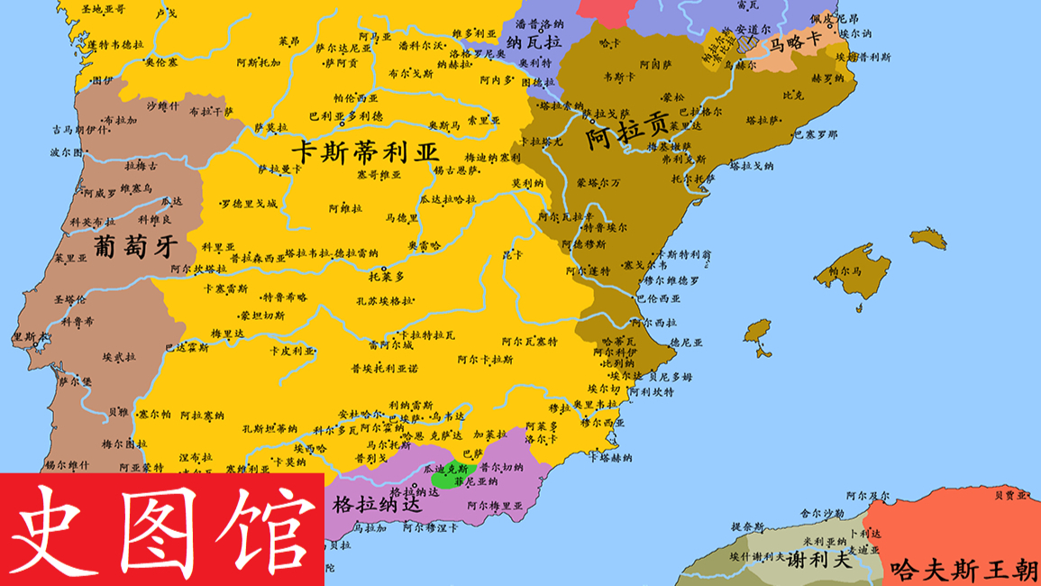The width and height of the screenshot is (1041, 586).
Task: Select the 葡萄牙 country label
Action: tap(132, 246)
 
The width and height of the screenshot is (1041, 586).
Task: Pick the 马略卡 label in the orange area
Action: tap(795, 41)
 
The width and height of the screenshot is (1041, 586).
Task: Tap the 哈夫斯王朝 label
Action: tap(963, 570)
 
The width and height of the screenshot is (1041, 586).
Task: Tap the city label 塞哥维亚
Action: tap(379, 175)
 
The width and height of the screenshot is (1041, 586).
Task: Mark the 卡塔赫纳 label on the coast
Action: tap(610, 457)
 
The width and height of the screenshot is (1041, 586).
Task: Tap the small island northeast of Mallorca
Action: tap(928, 239)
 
